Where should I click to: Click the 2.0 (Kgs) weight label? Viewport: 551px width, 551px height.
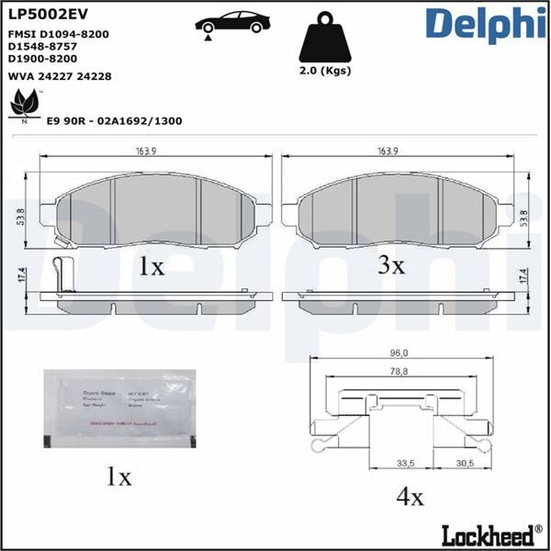point(327,71)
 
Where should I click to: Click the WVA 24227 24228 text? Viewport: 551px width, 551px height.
point(60,77)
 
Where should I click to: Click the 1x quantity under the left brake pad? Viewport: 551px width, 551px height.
point(150,267)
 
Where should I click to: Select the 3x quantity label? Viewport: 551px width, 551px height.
point(391,265)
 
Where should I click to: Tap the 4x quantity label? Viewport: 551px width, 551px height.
point(410,498)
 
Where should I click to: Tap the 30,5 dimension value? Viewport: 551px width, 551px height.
point(466,464)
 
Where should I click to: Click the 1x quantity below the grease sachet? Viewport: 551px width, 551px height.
point(118,478)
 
